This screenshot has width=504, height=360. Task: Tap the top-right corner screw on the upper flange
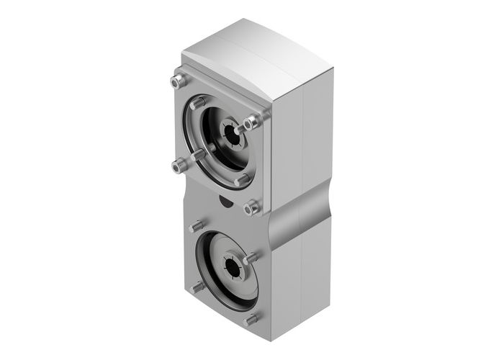[250, 124]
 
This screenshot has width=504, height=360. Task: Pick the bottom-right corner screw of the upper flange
[251, 207]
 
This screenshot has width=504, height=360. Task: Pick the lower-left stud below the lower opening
[195, 287]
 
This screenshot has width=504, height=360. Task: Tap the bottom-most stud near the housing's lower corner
[250, 319]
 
